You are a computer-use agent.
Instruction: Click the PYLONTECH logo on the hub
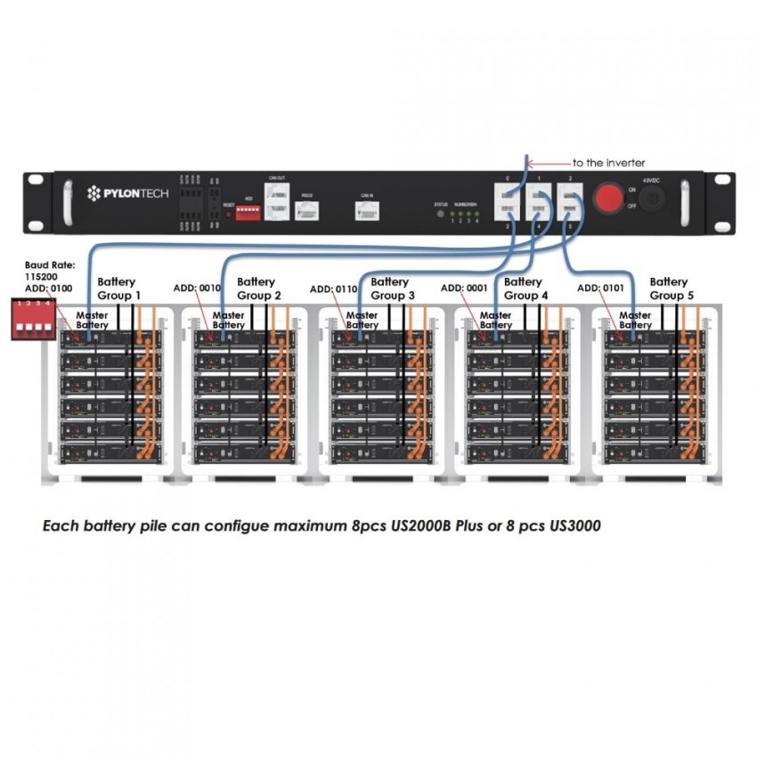[x=126, y=193]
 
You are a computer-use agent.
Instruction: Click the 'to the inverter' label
[x=610, y=163]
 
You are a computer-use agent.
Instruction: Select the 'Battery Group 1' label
[x=118, y=288]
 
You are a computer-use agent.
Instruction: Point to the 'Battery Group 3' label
[x=392, y=288]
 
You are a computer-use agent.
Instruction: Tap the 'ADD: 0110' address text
[x=334, y=289]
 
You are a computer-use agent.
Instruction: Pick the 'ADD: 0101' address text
[x=602, y=289]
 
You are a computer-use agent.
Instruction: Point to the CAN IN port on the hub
[x=366, y=210]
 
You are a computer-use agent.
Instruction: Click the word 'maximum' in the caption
[x=302, y=526]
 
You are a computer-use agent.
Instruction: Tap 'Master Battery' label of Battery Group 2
[x=229, y=320]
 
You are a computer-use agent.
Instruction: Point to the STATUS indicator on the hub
[x=440, y=214]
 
